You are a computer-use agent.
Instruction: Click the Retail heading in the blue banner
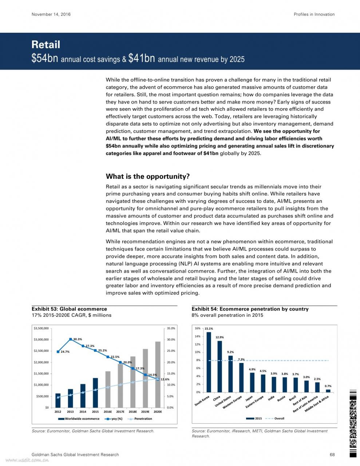point(46,45)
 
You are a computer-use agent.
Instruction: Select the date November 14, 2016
point(51,14)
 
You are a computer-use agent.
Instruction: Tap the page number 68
point(332,454)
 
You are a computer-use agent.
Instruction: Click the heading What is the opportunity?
point(148,177)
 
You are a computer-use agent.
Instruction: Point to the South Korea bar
point(209,362)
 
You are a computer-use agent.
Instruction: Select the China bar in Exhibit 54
point(219,367)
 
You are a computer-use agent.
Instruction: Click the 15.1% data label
point(209,328)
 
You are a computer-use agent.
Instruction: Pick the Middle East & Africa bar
point(328,391)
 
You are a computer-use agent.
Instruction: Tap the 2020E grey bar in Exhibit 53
point(158,374)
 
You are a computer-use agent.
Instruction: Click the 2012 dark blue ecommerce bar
point(58,400)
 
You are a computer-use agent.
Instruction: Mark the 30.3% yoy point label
point(78,339)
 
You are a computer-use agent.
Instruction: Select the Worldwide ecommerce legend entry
point(79,419)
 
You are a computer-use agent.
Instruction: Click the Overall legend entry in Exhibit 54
point(275,418)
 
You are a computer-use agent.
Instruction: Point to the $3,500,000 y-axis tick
point(41,328)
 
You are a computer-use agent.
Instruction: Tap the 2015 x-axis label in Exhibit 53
point(95,411)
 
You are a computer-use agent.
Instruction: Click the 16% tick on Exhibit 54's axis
point(198,328)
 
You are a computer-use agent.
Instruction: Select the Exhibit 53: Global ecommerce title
point(69,309)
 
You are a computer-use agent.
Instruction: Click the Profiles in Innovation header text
point(314,14)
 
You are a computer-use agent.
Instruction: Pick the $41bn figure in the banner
point(142,58)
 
